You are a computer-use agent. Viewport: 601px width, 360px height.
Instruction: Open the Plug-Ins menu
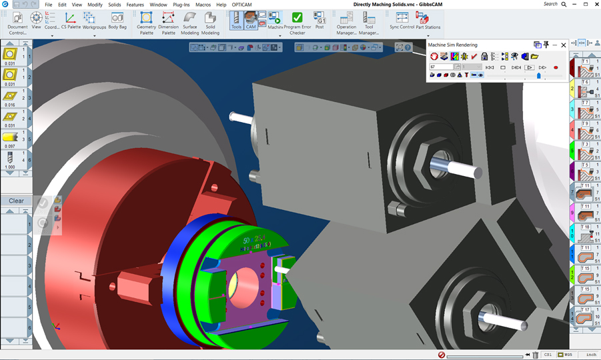coord(181,5)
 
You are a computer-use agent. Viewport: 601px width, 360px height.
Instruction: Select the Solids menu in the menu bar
coord(114,5)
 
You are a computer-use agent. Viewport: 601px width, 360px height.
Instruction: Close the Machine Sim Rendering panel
coord(564,45)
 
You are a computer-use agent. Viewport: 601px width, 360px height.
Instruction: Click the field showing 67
coord(441,67)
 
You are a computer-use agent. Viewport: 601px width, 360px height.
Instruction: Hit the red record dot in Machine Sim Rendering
coord(556,67)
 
